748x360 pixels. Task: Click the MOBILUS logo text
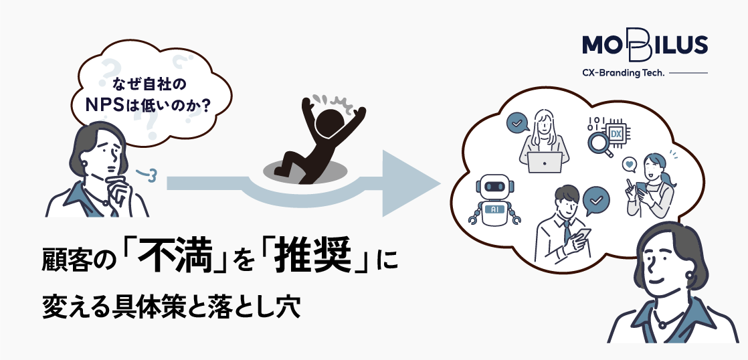pos(645,46)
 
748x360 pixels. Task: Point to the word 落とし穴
pos(254,308)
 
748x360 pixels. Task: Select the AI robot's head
pos(494,187)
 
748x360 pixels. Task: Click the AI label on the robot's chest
pos(494,209)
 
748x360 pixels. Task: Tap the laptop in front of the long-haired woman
pos(545,163)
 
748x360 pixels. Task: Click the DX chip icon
pos(616,134)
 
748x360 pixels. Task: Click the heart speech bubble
pos(630,165)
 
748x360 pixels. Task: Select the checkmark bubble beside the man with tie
pos(596,201)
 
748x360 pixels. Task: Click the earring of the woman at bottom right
pos(689,276)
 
